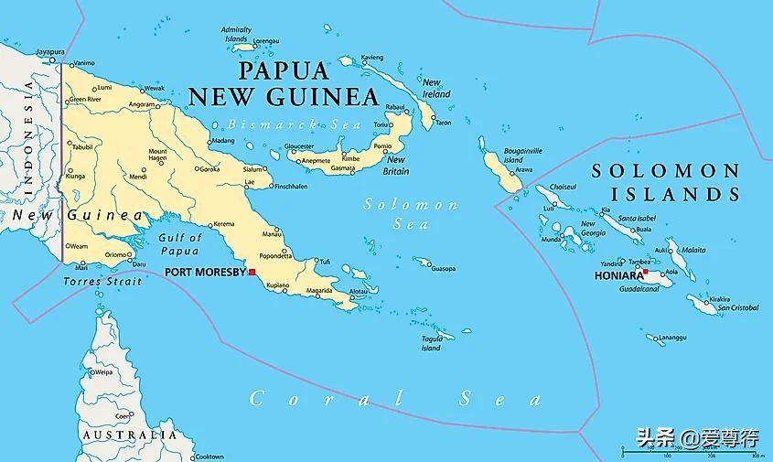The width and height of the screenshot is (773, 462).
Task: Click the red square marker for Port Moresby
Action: click(x=252, y=272)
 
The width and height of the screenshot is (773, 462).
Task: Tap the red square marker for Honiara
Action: click(x=646, y=272)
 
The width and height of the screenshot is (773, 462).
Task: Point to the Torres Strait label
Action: click(x=102, y=282)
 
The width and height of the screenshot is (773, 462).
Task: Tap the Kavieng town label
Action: click(x=371, y=58)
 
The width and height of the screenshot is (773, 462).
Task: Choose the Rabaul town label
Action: click(x=394, y=107)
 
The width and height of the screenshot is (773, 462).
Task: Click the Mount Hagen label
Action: click(x=158, y=156)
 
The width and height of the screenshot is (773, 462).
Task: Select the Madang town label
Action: click(x=222, y=141)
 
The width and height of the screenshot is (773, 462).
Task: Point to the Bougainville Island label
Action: click(x=523, y=155)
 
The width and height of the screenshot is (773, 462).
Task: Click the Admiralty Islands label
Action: click(x=236, y=35)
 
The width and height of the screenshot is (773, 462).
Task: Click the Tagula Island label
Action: click(x=431, y=343)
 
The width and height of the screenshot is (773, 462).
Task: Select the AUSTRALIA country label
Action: click(x=128, y=435)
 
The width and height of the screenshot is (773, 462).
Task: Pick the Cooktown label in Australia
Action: click(x=209, y=456)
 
